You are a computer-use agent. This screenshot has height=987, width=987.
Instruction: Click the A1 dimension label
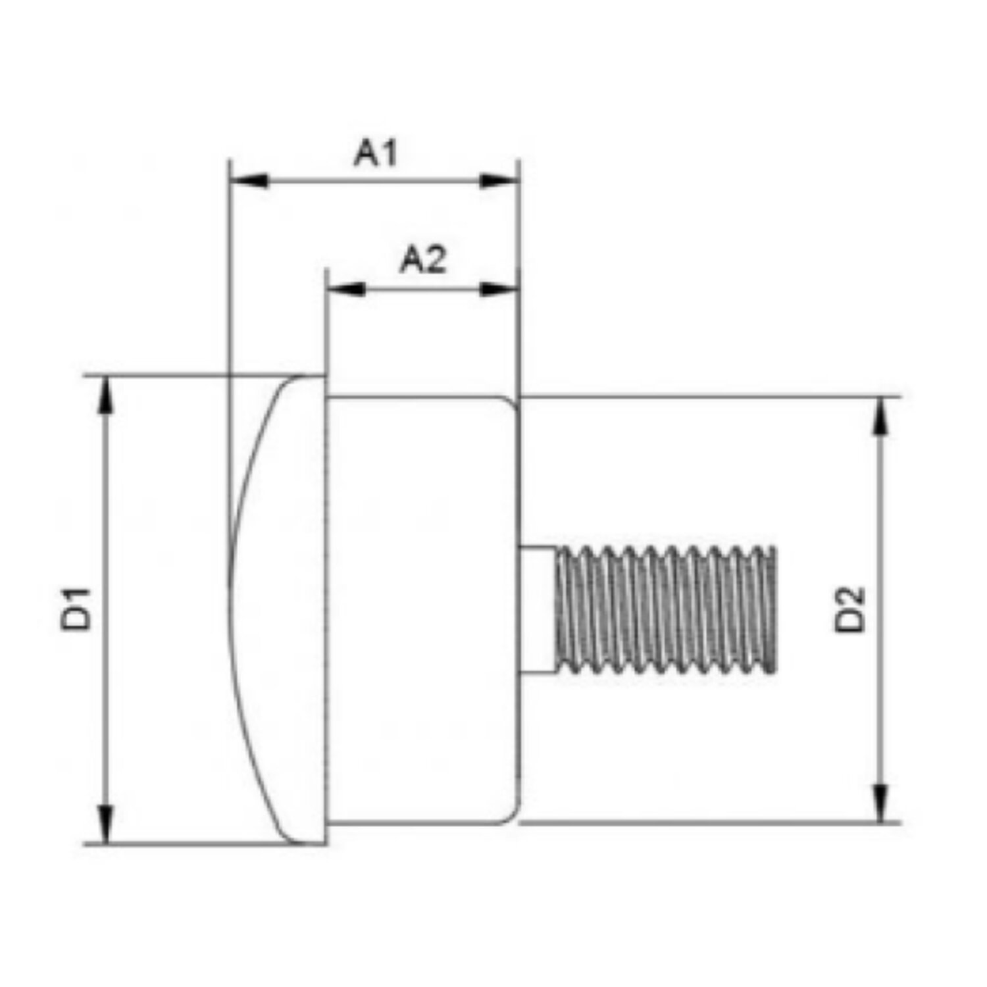(376, 154)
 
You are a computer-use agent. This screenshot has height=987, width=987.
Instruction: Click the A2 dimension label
(423, 260)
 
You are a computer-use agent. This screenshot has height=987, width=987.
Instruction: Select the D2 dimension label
(849, 609)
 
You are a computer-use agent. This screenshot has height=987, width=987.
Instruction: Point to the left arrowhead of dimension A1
(248, 180)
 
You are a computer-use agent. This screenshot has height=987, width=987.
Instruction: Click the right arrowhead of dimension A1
(499, 180)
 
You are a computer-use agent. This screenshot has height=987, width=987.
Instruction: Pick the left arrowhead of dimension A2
(346, 289)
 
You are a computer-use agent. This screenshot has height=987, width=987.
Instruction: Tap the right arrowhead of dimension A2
(499, 289)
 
